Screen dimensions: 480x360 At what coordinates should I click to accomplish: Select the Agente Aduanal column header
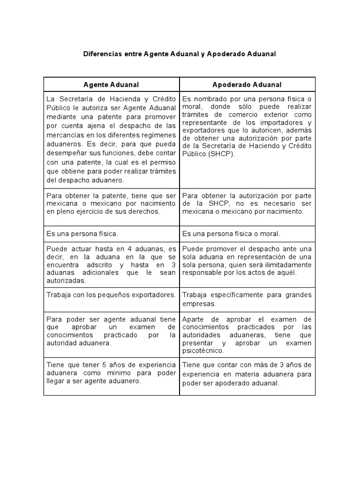tap(111, 84)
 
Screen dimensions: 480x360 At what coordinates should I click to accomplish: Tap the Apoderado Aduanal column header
tap(247, 84)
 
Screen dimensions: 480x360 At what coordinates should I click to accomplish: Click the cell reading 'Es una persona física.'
tap(82, 233)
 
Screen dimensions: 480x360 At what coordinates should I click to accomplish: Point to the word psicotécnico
tap(203, 351)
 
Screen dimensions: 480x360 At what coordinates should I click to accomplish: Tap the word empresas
tap(199, 304)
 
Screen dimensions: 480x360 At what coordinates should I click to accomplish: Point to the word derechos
tap(143, 211)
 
